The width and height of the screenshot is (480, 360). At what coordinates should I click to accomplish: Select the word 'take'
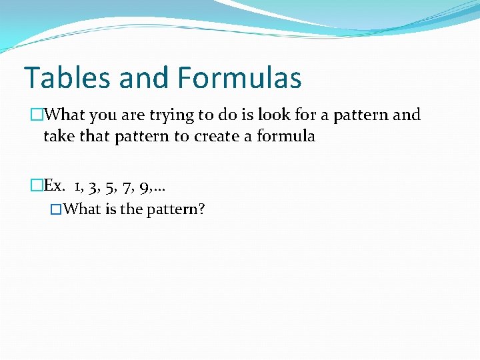point(59,137)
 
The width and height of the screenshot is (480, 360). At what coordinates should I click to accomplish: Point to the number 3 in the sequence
point(91,185)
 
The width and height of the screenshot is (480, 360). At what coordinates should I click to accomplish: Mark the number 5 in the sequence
point(109,185)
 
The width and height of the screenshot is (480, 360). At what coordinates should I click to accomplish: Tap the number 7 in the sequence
point(127,185)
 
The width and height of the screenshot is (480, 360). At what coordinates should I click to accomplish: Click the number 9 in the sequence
point(144,185)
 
